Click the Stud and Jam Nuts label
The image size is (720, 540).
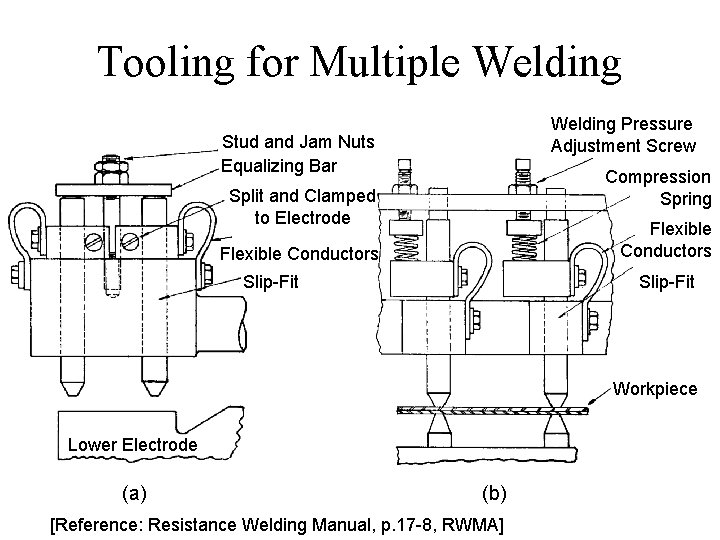pyautogui.click(x=298, y=142)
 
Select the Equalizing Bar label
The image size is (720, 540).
pyautogui.click(x=279, y=166)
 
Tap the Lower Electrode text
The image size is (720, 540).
pyautogui.click(x=133, y=444)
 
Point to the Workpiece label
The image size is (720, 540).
pyautogui.click(x=655, y=389)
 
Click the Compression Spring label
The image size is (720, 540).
pyautogui.click(x=658, y=188)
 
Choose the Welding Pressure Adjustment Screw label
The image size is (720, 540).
pyautogui.click(x=623, y=135)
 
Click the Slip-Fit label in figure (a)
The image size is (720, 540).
pyautogui.click(x=271, y=281)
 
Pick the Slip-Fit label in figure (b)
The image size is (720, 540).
pyautogui.click(x=667, y=281)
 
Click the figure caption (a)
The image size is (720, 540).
pyautogui.click(x=135, y=494)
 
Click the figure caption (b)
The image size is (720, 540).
pyautogui.click(x=494, y=494)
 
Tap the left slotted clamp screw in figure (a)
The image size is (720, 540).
pyautogui.click(x=94, y=242)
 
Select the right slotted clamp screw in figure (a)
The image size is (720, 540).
pyautogui.click(x=130, y=241)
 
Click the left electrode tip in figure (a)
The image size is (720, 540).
pyautogui.click(x=72, y=387)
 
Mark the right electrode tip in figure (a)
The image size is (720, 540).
pyautogui.click(x=154, y=387)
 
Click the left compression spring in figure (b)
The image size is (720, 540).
pyautogui.click(x=406, y=248)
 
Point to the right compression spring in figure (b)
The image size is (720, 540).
pyautogui.click(x=524, y=248)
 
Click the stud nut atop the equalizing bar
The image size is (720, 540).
pyautogui.click(x=111, y=169)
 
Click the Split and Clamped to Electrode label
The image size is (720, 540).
pyautogui.click(x=303, y=207)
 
